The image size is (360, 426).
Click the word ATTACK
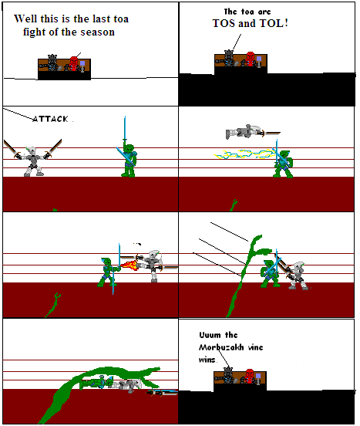(x=51, y=119)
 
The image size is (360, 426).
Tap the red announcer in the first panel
(x=75, y=63)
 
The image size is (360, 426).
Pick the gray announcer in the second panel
(x=229, y=59)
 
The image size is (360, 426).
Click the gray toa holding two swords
(x=32, y=159)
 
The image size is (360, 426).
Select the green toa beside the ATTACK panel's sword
(x=127, y=161)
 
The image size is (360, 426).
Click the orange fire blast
(x=130, y=265)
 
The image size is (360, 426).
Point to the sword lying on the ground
(x=163, y=392)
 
